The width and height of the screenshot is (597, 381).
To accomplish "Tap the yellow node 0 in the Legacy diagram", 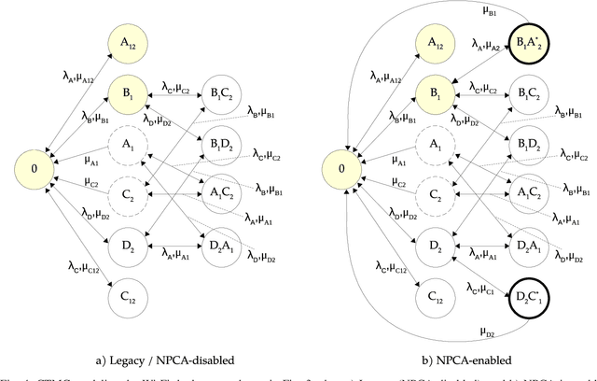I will (x=35, y=171).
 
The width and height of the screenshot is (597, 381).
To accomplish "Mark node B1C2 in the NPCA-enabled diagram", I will (x=527, y=93).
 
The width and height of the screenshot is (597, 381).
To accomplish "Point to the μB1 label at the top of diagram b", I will (x=464, y=11).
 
